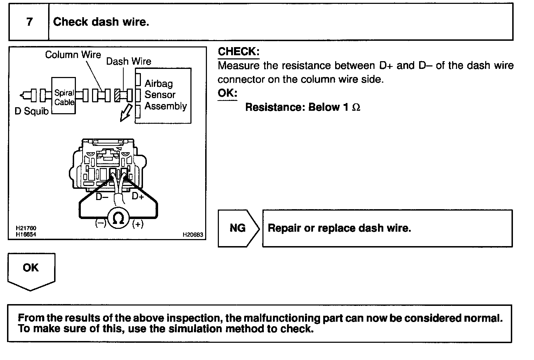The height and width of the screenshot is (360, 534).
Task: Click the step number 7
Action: (x=30, y=22)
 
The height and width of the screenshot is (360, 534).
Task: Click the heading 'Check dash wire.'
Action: (x=101, y=22)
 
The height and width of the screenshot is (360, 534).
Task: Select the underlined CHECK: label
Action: (x=239, y=52)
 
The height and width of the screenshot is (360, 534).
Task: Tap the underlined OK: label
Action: (x=227, y=93)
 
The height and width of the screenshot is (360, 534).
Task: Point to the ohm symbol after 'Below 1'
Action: (x=356, y=107)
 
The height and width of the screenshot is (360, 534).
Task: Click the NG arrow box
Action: (x=238, y=228)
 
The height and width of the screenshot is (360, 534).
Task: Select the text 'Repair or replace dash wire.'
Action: (x=339, y=228)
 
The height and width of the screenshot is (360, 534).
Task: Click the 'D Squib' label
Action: (x=32, y=111)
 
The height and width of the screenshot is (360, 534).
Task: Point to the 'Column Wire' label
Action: (x=73, y=54)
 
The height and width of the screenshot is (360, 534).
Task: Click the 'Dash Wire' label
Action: (x=129, y=61)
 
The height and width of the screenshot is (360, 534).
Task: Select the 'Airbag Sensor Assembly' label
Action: (x=165, y=95)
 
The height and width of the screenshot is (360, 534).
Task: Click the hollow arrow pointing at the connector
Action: (x=125, y=113)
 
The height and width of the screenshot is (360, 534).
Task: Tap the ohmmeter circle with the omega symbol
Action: (x=119, y=219)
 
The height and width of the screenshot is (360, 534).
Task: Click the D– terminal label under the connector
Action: (x=102, y=197)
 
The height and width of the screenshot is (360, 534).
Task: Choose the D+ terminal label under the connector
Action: (x=138, y=196)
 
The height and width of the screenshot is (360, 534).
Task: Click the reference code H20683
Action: (x=193, y=235)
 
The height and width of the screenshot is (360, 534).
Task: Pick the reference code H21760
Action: (x=26, y=229)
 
